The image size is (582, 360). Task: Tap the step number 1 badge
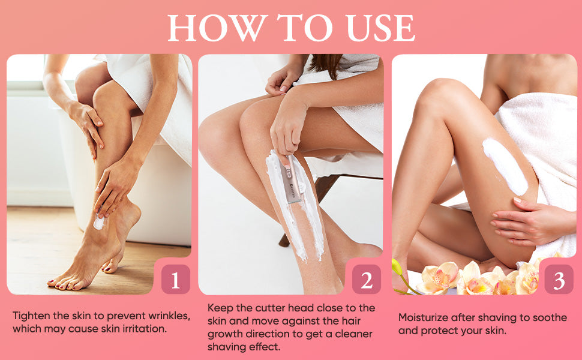176,280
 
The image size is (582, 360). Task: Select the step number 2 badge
367,280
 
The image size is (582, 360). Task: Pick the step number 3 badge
559,280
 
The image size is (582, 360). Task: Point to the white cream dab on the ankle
99,222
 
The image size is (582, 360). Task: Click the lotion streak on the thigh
506,167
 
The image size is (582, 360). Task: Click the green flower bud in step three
397,266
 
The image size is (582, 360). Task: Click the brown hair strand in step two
326,65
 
